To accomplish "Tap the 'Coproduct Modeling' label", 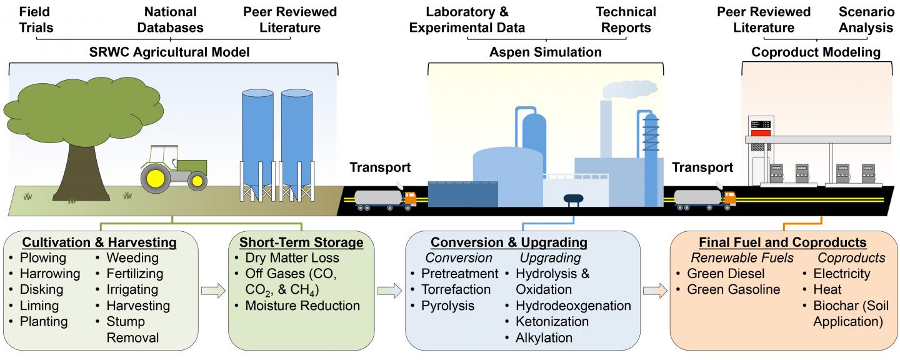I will (816, 52).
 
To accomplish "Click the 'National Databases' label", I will (170, 19).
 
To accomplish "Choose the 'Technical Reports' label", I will (626, 19).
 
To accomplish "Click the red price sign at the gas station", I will (760, 132).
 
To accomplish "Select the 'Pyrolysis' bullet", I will (447, 306).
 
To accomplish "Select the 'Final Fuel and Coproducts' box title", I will (781, 242).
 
